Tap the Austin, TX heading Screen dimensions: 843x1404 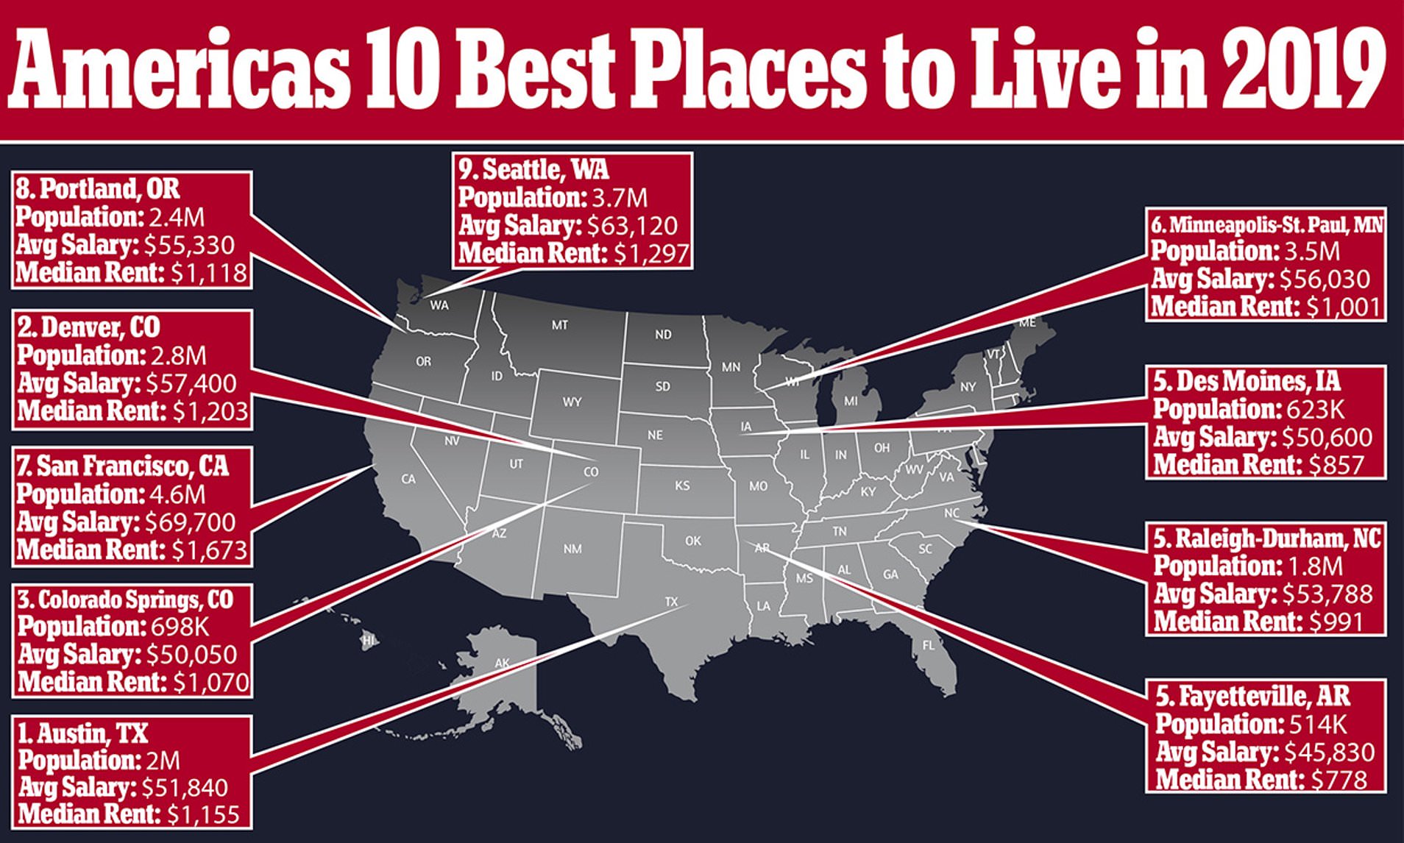[83, 733]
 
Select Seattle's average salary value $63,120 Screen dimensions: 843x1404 [632, 226]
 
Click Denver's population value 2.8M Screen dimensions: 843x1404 [179, 355]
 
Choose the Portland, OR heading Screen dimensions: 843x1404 [98, 189]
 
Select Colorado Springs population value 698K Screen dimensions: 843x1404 [180, 627]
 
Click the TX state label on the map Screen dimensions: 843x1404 [671, 602]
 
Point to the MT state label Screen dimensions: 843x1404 [560, 324]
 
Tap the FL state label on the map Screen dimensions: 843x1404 [929, 645]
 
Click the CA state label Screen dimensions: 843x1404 [408, 479]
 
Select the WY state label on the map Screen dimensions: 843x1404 [572, 402]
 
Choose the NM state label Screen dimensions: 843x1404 [572, 549]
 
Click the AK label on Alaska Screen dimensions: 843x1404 [502, 663]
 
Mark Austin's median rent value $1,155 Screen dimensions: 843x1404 [203, 814]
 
